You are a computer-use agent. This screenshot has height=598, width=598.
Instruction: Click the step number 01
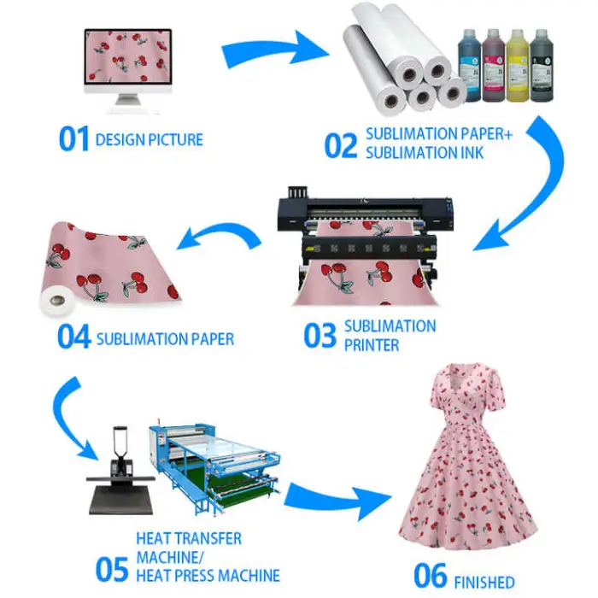[74, 139]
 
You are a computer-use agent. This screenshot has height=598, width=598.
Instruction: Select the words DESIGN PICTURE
[149, 139]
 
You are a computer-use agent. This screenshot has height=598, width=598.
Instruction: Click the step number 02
[341, 145]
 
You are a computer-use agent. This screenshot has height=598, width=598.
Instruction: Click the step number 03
[320, 335]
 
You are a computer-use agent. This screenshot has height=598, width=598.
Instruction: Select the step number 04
[74, 337]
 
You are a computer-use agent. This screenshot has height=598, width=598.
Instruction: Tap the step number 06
[432, 576]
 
